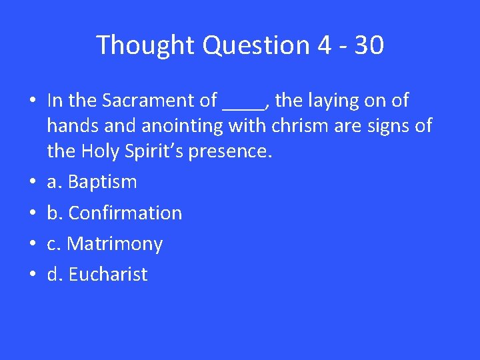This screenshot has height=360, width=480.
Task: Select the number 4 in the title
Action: coord(324,45)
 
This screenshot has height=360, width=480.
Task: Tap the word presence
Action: coord(230,151)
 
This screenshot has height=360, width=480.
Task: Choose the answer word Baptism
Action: coord(103,181)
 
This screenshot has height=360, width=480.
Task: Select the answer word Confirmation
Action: coord(125,213)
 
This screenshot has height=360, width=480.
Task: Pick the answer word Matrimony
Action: coord(115,244)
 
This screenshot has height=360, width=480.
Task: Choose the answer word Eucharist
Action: coord(108,274)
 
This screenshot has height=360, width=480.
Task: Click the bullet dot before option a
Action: coord(32,182)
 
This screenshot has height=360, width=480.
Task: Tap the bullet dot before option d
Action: coord(32,275)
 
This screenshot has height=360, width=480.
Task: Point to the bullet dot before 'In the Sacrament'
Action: coord(32,101)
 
